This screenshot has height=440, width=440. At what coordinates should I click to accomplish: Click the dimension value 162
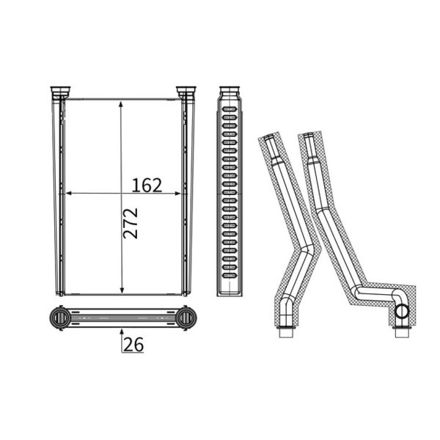[x=147, y=186]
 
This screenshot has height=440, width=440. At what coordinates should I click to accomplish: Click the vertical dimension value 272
[x=131, y=224]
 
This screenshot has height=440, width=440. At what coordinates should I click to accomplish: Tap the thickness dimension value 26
[x=133, y=345]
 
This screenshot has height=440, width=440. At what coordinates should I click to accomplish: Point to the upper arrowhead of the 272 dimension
[x=121, y=104]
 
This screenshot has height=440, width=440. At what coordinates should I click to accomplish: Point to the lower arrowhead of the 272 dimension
[x=122, y=290]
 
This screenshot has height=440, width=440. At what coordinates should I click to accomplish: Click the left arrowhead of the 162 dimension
[x=69, y=194]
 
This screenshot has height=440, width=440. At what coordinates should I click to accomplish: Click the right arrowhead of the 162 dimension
[x=177, y=194]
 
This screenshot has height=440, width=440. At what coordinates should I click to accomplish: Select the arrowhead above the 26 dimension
[x=122, y=332]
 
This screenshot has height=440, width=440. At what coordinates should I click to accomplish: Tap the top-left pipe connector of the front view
[x=60, y=92]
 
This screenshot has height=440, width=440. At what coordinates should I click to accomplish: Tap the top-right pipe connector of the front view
[x=186, y=92]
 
